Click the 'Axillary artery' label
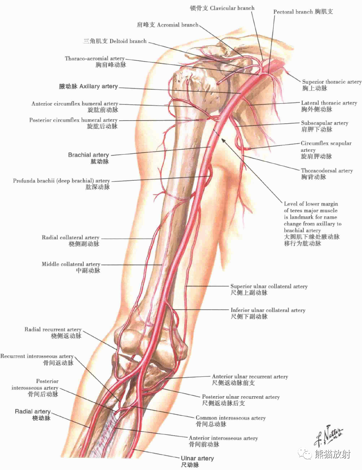[88, 86]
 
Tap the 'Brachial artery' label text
[88, 155]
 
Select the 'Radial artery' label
[33, 412]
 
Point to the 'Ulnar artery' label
[197, 458]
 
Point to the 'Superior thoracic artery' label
[332, 82]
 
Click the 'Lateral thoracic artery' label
[329, 103]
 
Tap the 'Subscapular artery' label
[324, 123]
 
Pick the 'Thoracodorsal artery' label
[327, 171]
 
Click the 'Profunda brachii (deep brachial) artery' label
[61, 181]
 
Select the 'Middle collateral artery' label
[71, 264]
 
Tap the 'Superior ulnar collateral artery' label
[269, 286]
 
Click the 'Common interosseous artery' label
[231, 418]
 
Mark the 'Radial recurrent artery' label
[53, 330]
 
